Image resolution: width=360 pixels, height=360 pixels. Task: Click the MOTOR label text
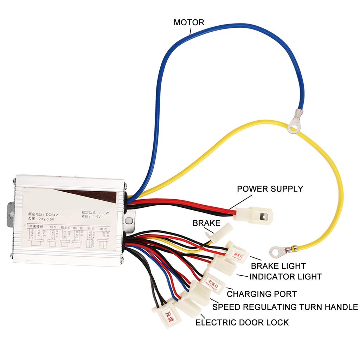point(189,23)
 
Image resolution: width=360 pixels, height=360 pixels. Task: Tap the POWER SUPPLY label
point(270,188)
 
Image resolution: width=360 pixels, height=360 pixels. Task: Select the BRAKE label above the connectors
point(206,223)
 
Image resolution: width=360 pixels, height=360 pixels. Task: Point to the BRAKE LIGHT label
point(278,266)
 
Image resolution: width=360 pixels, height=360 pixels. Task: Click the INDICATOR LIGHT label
point(285,277)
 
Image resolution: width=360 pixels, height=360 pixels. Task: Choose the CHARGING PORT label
point(262,294)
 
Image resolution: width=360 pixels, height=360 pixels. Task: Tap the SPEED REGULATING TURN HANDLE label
point(285,307)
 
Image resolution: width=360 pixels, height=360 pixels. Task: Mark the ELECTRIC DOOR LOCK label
point(242,322)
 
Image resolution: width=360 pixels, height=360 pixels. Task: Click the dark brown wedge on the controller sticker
point(91,195)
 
